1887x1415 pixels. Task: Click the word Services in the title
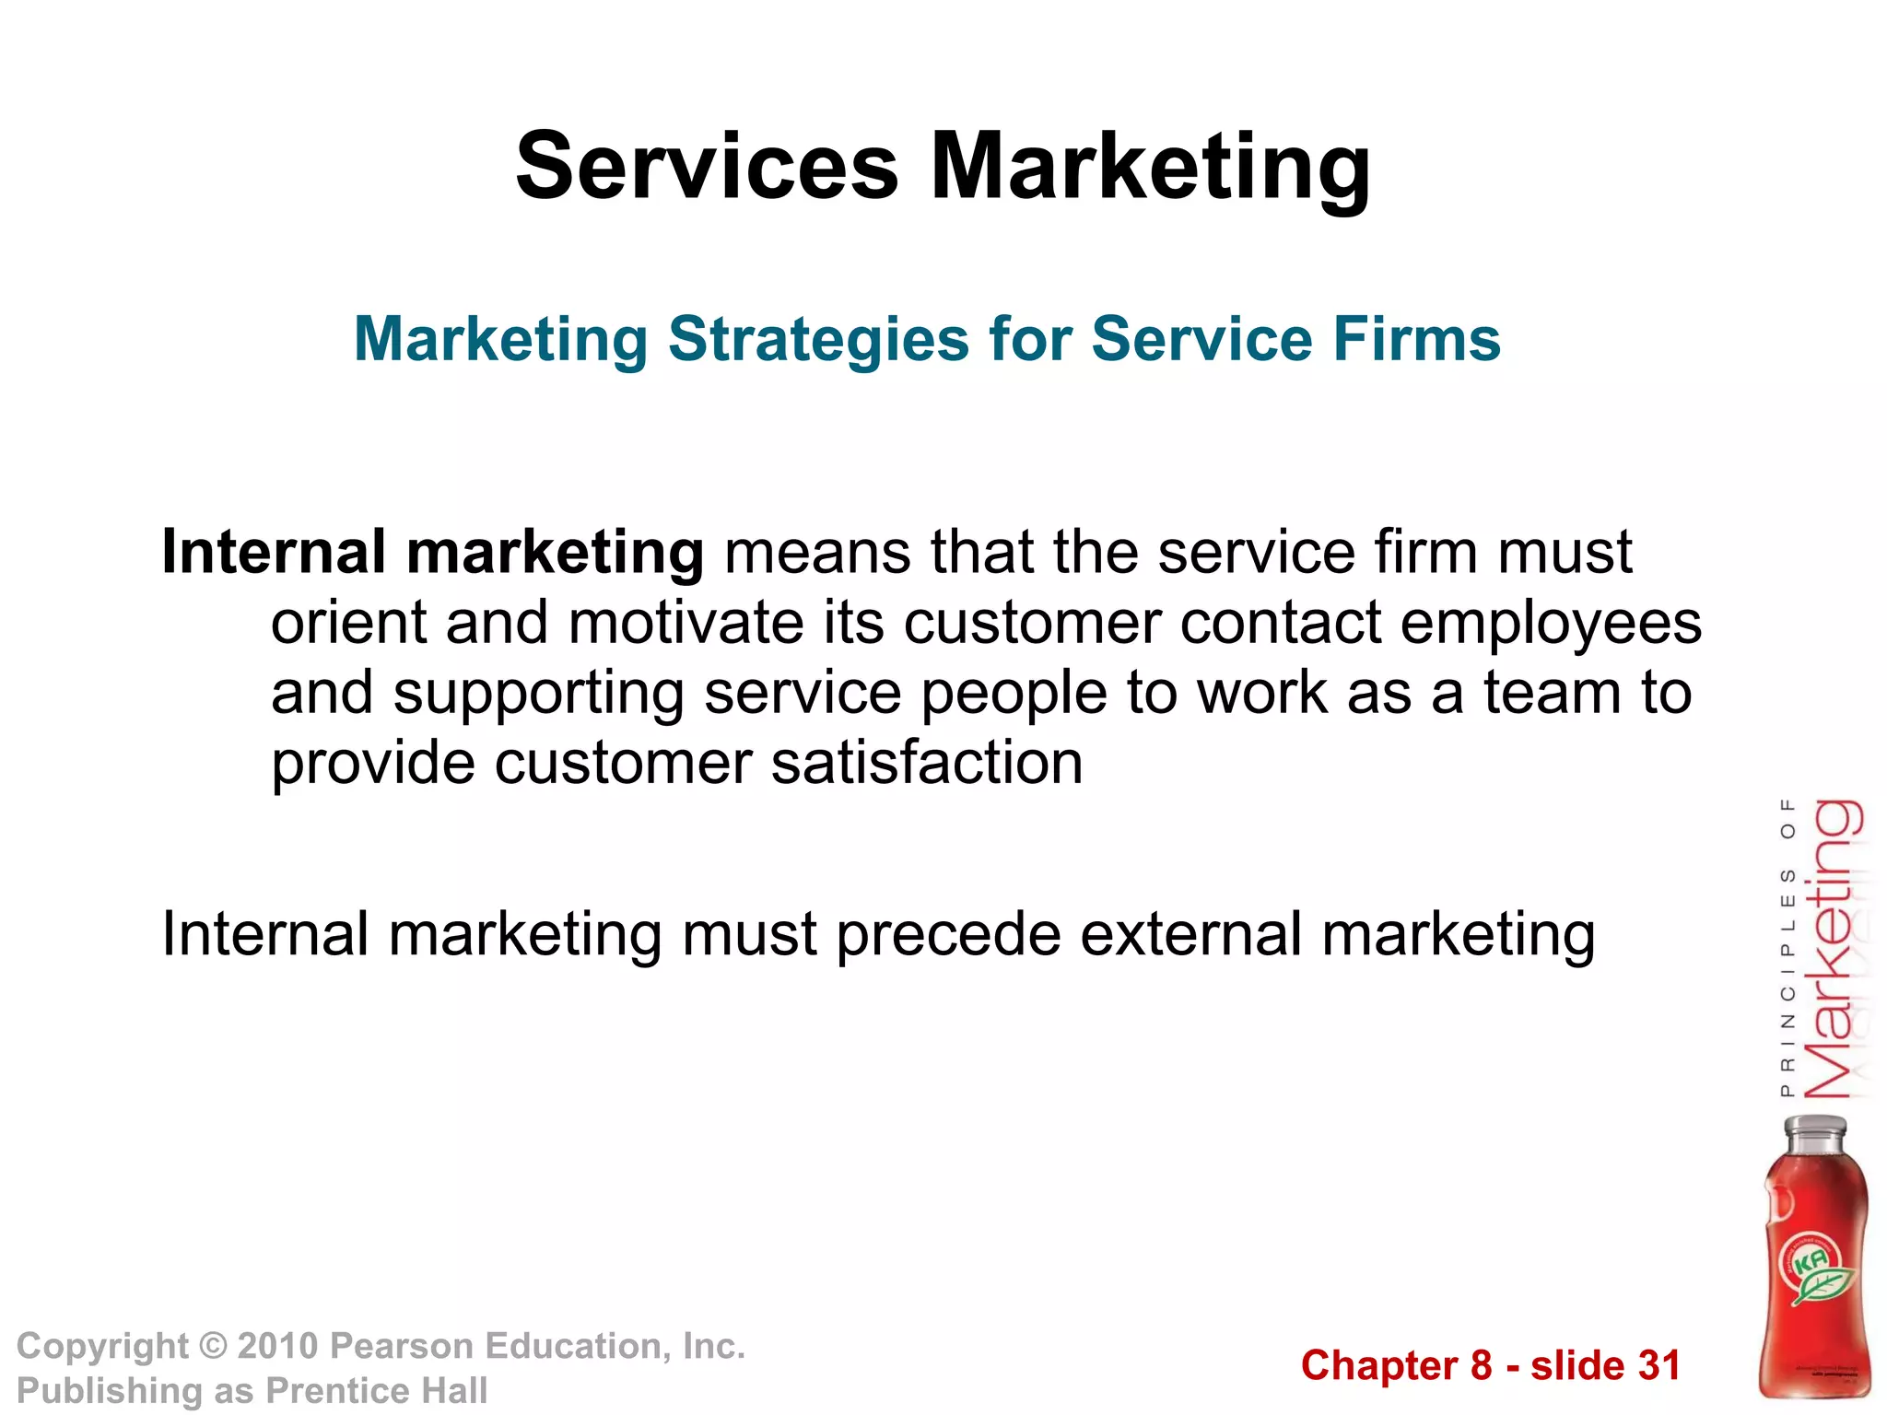click(707, 167)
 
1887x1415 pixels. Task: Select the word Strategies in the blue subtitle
click(818, 339)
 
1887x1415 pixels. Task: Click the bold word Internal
click(274, 553)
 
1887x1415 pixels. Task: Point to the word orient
click(348, 623)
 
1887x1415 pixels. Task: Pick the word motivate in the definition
click(686, 623)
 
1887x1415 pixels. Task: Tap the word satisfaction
click(927, 763)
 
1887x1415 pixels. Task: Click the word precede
click(948, 935)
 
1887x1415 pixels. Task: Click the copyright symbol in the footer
click(213, 1346)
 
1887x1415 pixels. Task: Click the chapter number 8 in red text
click(1481, 1365)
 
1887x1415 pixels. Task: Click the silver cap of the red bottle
click(1815, 1132)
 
